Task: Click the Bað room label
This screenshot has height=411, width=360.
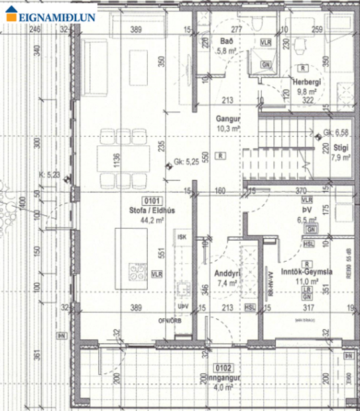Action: [x=225, y=41]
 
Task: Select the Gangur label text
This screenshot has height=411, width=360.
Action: [x=227, y=119]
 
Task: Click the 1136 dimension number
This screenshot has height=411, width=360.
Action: [x=117, y=162]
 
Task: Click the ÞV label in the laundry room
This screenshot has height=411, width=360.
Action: [x=306, y=209]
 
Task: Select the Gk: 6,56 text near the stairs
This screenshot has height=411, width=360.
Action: [x=337, y=133]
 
